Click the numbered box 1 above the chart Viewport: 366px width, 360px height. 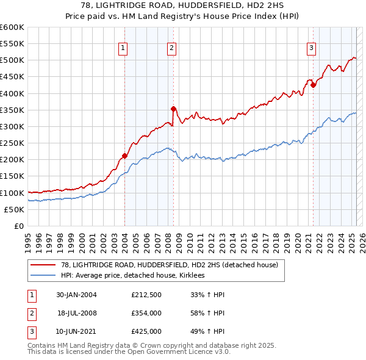123,48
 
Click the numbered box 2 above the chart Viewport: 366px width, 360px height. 172,48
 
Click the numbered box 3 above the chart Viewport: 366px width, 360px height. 311,48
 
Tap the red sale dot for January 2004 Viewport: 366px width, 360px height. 124,156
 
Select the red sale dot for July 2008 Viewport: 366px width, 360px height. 173,109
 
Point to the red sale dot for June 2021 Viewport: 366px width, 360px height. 313,85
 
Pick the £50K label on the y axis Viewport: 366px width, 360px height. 14,209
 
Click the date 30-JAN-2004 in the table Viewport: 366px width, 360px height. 76,295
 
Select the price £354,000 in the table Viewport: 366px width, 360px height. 146,313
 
